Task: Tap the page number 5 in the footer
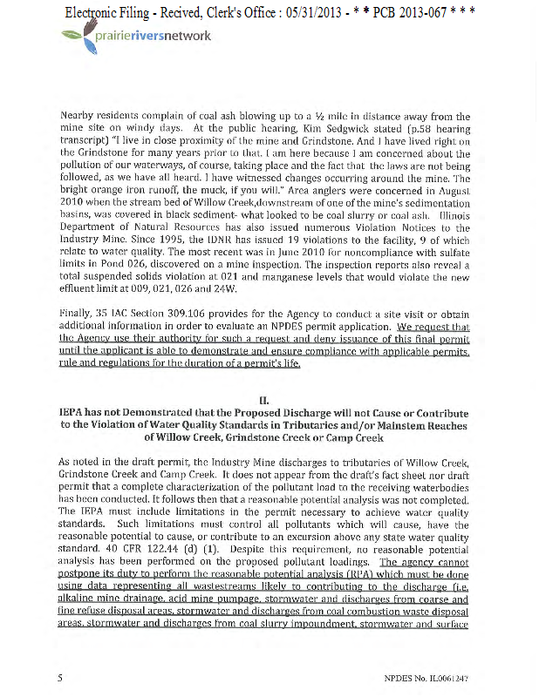[x=59, y=677]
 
